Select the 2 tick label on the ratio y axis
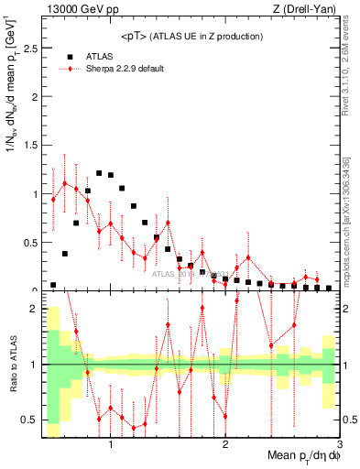[33, 309]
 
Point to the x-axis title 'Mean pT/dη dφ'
[301, 456]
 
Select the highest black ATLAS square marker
[99, 172]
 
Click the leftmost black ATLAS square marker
[53, 285]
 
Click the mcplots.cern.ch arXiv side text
[350, 211]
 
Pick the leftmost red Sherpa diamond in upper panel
[53, 199]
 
